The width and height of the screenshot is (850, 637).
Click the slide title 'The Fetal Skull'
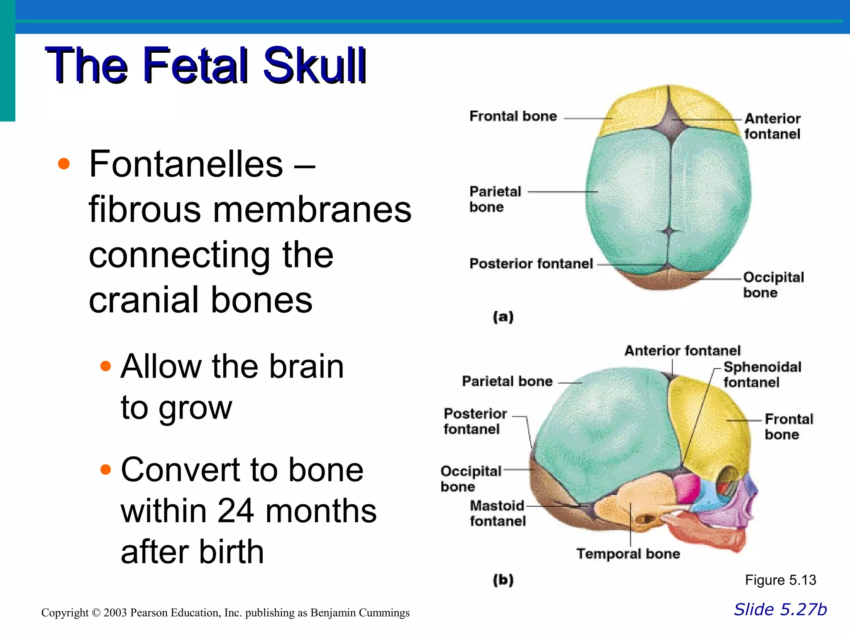205,66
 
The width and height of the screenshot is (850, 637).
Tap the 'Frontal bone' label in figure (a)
513,116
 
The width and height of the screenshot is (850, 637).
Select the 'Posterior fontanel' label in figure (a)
531,264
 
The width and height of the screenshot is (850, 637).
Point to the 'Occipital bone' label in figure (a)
773,285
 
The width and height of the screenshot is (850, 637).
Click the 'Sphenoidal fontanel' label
762,374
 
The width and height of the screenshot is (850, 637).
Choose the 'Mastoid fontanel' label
498,513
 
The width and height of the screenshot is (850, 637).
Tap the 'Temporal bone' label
628,554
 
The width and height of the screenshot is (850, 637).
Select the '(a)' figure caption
503,317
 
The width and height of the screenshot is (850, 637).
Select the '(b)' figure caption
503,579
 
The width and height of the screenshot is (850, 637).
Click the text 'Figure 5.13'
780,580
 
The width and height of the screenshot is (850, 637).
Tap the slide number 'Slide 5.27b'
780,610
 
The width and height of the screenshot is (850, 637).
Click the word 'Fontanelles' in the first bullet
186,164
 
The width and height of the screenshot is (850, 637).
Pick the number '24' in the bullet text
235,511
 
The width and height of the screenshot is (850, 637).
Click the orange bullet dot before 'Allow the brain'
106,366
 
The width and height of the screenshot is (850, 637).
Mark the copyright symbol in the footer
96,613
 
